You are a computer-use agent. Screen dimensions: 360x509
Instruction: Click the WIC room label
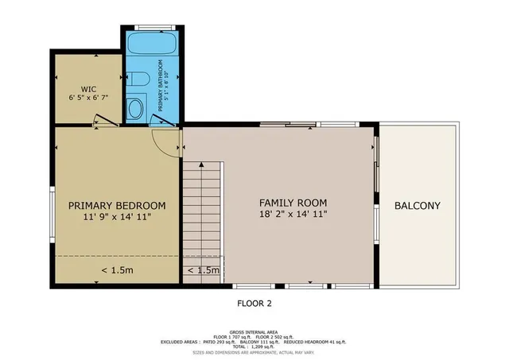coord(88,88)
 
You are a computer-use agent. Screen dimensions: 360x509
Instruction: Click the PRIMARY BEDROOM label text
coord(116,204)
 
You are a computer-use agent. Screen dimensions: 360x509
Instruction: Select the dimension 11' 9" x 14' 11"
coord(116,216)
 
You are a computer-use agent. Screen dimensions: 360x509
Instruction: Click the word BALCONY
coord(418,206)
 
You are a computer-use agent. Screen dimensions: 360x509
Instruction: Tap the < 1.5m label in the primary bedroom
coord(116,270)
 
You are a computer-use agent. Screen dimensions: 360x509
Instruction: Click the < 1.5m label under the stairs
coord(203,271)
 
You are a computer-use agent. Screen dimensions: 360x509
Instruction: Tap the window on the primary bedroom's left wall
coord(52,214)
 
